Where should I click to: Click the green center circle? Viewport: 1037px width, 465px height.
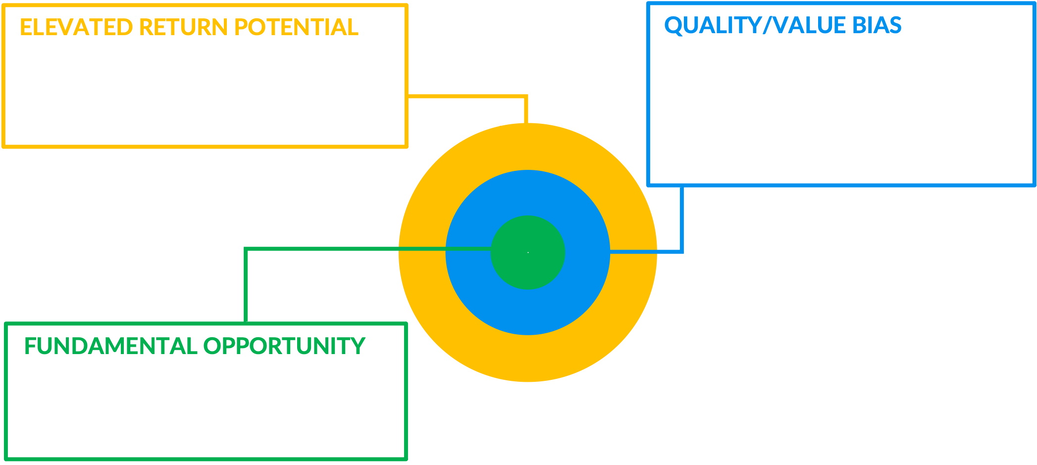click(x=528, y=253)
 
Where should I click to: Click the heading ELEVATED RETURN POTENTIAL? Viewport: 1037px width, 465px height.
click(x=189, y=27)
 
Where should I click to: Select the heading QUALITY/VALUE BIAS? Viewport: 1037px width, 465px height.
click(x=782, y=25)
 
